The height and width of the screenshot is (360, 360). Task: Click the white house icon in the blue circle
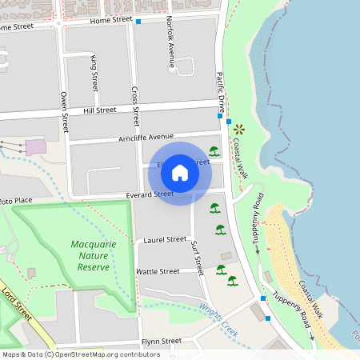(x=180, y=172)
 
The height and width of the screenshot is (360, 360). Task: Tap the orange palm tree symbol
(x=239, y=129)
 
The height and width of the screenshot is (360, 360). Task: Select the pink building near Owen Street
(x=36, y=147)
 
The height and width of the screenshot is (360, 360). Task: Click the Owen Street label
(x=65, y=112)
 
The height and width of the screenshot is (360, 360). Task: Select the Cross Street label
(x=135, y=106)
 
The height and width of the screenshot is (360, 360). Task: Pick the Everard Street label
(x=150, y=194)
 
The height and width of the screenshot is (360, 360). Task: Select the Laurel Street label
(x=165, y=239)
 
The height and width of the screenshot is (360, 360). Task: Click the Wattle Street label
(x=158, y=271)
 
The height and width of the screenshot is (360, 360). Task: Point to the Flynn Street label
(x=162, y=341)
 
